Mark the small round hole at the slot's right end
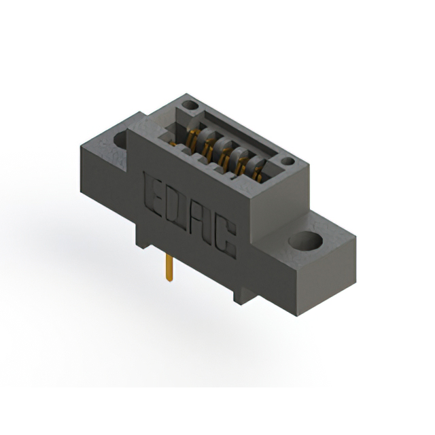click(288, 162)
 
